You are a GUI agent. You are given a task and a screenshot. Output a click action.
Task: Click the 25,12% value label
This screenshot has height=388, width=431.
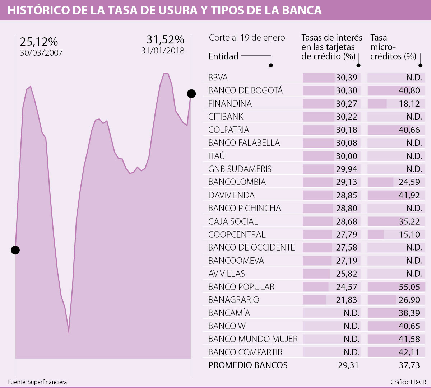click(x=39, y=42)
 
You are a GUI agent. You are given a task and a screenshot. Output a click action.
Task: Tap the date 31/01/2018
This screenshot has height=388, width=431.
click(x=163, y=51)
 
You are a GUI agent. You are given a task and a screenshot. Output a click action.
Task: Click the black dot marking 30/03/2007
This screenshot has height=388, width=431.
click(x=15, y=250)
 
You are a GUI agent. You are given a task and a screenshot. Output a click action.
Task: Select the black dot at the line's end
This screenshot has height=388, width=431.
click(x=191, y=94)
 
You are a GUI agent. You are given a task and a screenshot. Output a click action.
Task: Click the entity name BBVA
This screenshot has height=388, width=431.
click(x=218, y=78)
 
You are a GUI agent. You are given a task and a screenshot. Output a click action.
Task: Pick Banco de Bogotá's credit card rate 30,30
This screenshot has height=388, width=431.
click(x=347, y=90)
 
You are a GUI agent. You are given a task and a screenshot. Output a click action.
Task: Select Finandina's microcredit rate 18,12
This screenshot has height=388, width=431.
click(x=409, y=104)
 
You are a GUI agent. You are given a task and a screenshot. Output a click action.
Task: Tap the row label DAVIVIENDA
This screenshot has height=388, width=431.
click(x=231, y=195)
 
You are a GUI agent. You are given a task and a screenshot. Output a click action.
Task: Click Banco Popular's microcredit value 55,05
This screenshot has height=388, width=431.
click(x=409, y=287)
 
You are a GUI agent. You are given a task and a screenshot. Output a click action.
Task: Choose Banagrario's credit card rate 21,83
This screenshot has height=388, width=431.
click(x=347, y=300)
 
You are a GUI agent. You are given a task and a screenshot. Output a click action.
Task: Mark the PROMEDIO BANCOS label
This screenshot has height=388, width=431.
click(x=248, y=365)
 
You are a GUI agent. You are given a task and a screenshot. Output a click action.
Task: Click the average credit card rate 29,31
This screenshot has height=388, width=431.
click(x=348, y=365)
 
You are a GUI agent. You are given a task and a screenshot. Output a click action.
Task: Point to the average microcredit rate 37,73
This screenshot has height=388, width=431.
click(x=409, y=365)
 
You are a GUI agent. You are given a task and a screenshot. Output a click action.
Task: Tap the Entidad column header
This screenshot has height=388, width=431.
click(x=223, y=56)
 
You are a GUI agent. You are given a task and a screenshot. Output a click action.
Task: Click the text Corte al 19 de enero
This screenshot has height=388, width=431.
click(x=247, y=38)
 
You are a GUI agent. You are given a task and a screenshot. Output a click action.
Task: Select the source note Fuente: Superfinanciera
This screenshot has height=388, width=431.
click(x=37, y=382)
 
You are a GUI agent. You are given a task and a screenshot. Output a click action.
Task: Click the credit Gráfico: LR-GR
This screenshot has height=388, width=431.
click(x=408, y=382)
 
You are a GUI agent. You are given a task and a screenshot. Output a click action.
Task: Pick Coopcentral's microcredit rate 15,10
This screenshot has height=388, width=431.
click(x=409, y=235)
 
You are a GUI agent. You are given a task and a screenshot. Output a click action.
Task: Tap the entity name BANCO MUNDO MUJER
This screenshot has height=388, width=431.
click(x=253, y=339)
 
